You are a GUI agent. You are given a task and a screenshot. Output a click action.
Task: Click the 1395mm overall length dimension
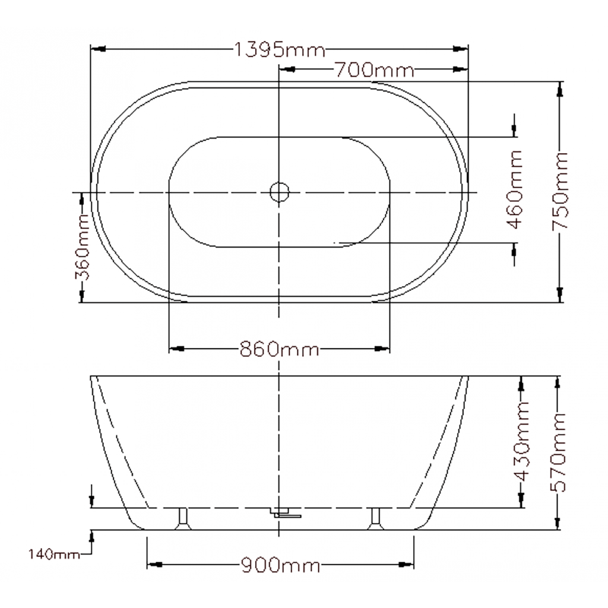coord(279,49)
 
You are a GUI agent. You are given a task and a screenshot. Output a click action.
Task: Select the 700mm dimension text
coord(373,71)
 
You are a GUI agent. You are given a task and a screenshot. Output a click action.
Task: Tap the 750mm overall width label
coord(560,191)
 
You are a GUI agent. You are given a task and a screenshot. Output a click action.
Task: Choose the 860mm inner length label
coord(279,349)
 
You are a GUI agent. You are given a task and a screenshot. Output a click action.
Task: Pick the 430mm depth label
coord(521,442)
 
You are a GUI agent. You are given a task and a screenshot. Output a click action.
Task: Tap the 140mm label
coord(54,555)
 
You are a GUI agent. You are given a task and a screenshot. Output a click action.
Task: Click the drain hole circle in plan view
coord(279,192)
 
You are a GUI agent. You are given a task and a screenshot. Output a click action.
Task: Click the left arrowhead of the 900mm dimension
coord(154,564)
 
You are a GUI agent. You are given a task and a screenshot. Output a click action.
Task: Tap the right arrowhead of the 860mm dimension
coord(382,349)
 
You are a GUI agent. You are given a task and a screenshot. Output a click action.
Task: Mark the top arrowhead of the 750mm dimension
coord(560,89)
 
